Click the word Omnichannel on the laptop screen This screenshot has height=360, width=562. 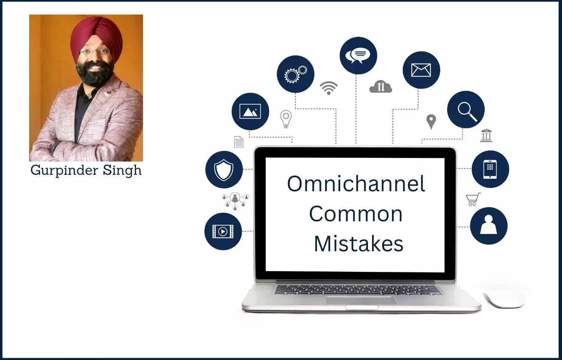pyautogui.click(x=356, y=184)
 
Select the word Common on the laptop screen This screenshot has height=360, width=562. pyautogui.click(x=356, y=214)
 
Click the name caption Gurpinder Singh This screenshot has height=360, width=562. pyautogui.click(x=86, y=171)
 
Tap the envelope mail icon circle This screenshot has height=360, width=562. pyautogui.click(x=421, y=70)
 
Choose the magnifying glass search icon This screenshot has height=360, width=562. pyautogui.click(x=466, y=109)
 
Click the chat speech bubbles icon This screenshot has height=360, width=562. pyautogui.click(x=358, y=55)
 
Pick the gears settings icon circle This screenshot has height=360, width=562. pyautogui.click(x=296, y=74)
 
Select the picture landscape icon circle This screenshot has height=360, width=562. pyautogui.click(x=250, y=111)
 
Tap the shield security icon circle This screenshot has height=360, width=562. pyautogui.click(x=224, y=169)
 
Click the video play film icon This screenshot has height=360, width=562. pyautogui.click(x=223, y=231)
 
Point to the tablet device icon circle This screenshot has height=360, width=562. pyautogui.click(x=490, y=169)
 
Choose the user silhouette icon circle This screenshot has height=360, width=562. pyautogui.click(x=489, y=226)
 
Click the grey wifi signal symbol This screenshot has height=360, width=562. pyautogui.click(x=329, y=88)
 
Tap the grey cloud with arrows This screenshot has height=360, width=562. pyautogui.click(x=381, y=87)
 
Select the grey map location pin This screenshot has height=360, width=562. pyautogui.click(x=431, y=122)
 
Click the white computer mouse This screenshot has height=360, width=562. pyautogui.click(x=504, y=298)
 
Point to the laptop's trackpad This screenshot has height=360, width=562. pyautogui.click(x=361, y=300)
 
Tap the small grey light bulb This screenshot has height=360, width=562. pyautogui.click(x=286, y=119)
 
